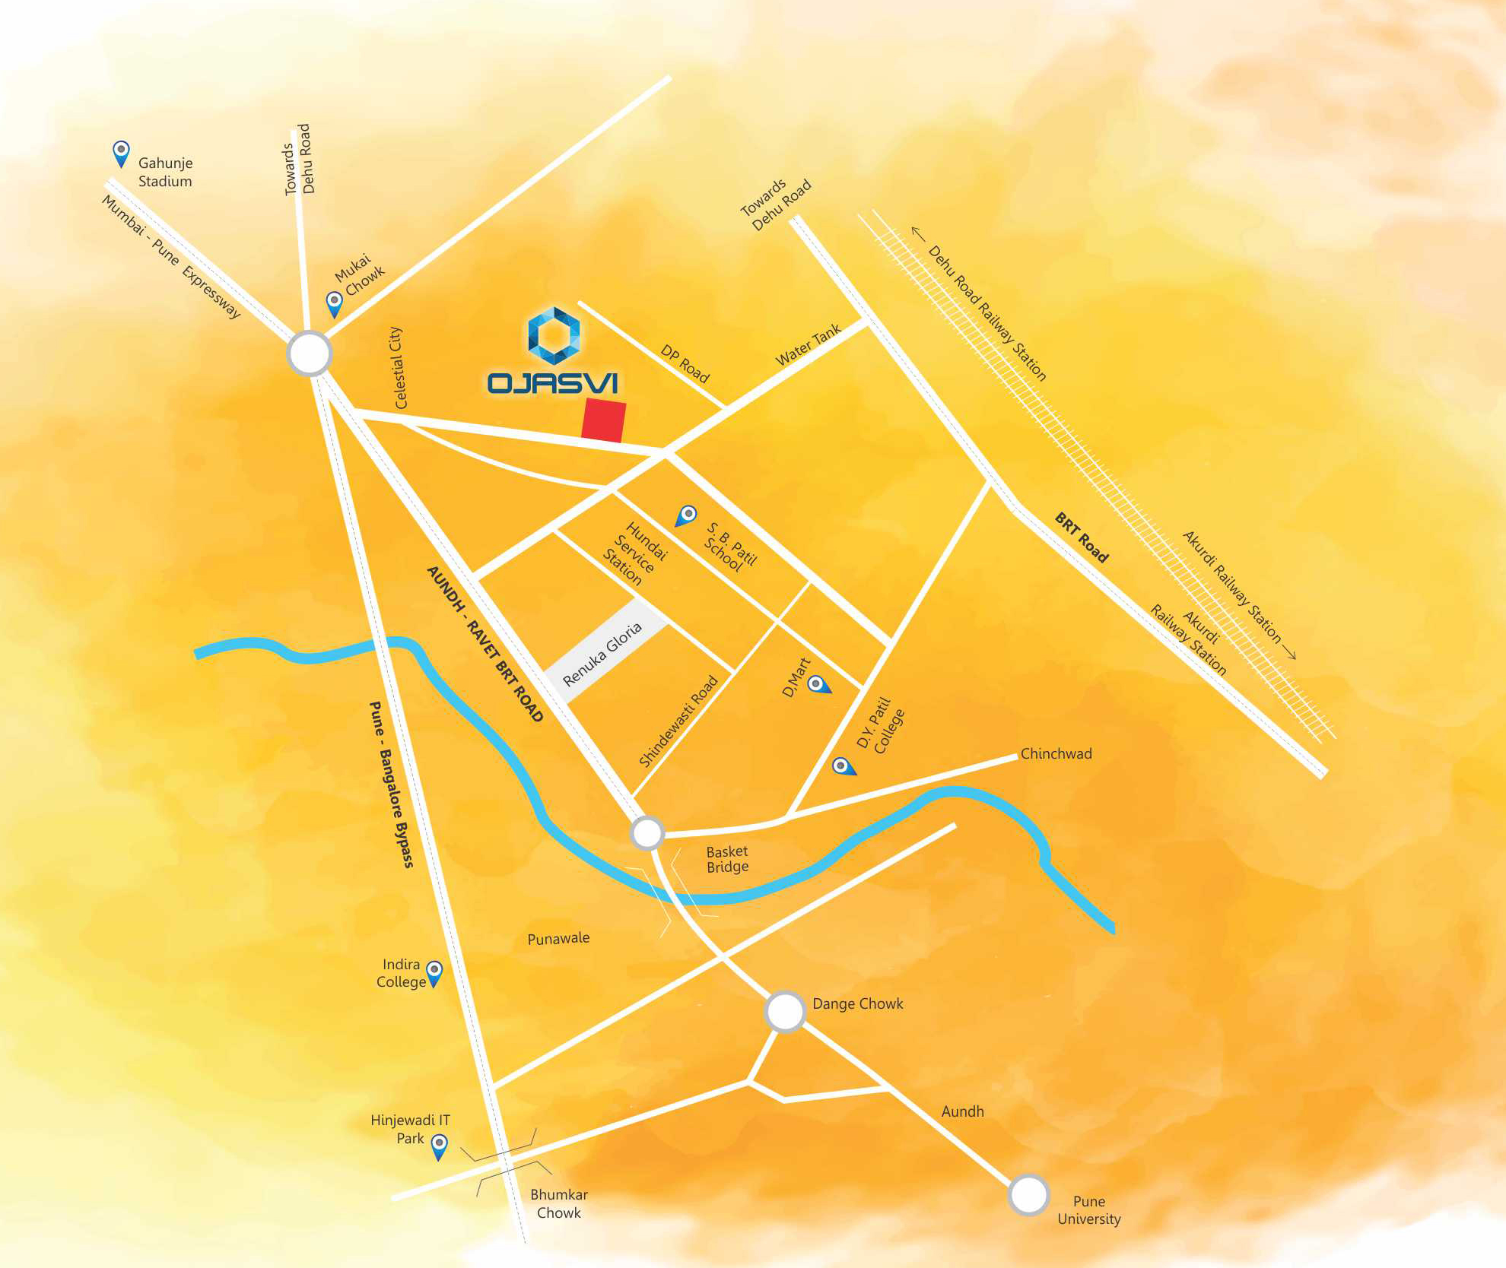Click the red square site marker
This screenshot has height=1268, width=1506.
pyautogui.click(x=604, y=420)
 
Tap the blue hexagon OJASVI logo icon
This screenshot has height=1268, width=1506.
pyautogui.click(x=554, y=335)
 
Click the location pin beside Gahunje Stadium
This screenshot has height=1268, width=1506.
pyautogui.click(x=121, y=154)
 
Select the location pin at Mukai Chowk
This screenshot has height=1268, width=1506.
pyautogui.click(x=334, y=303)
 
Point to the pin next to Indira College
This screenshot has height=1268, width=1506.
pyautogui.click(x=434, y=972)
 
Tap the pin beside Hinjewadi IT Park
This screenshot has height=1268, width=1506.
pyautogui.click(x=439, y=1146)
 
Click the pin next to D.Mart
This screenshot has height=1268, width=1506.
pyautogui.click(x=818, y=684)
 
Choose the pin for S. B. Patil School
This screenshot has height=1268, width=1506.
pyautogui.click(x=687, y=515)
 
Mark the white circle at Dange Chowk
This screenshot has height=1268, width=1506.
pyautogui.click(x=785, y=1011)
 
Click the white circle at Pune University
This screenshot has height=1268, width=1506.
pyautogui.click(x=1028, y=1194)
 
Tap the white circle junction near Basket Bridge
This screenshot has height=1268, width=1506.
pyautogui.click(x=647, y=833)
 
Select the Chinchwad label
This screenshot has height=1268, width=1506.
pyautogui.click(x=1056, y=753)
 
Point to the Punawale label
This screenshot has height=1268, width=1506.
pyautogui.click(x=558, y=938)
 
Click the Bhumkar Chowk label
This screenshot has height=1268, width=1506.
pyautogui.click(x=558, y=1203)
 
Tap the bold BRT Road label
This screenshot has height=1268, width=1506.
pyautogui.click(x=1082, y=537)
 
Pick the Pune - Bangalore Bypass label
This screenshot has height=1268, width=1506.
pyautogui.click(x=391, y=784)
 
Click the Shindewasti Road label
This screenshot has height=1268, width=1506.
pyautogui.click(x=678, y=721)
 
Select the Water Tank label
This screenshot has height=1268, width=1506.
pyautogui.click(x=808, y=344)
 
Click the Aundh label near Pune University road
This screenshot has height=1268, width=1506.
pyautogui.click(x=962, y=1111)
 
